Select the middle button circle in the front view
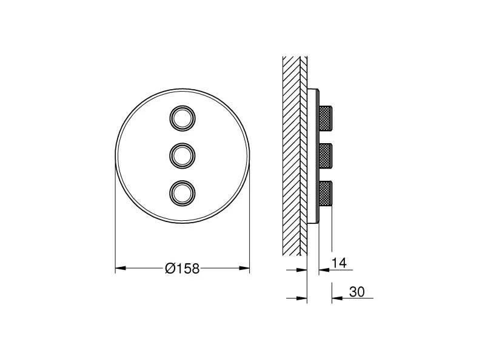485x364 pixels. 182,155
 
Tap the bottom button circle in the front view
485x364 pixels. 182,192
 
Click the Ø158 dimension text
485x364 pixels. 182,268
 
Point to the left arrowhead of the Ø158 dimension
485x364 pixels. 119,268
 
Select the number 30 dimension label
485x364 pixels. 356,292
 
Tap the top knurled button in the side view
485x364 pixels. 326,117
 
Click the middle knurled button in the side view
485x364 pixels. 326,155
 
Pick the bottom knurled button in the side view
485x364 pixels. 326,192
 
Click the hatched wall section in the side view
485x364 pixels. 295,152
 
